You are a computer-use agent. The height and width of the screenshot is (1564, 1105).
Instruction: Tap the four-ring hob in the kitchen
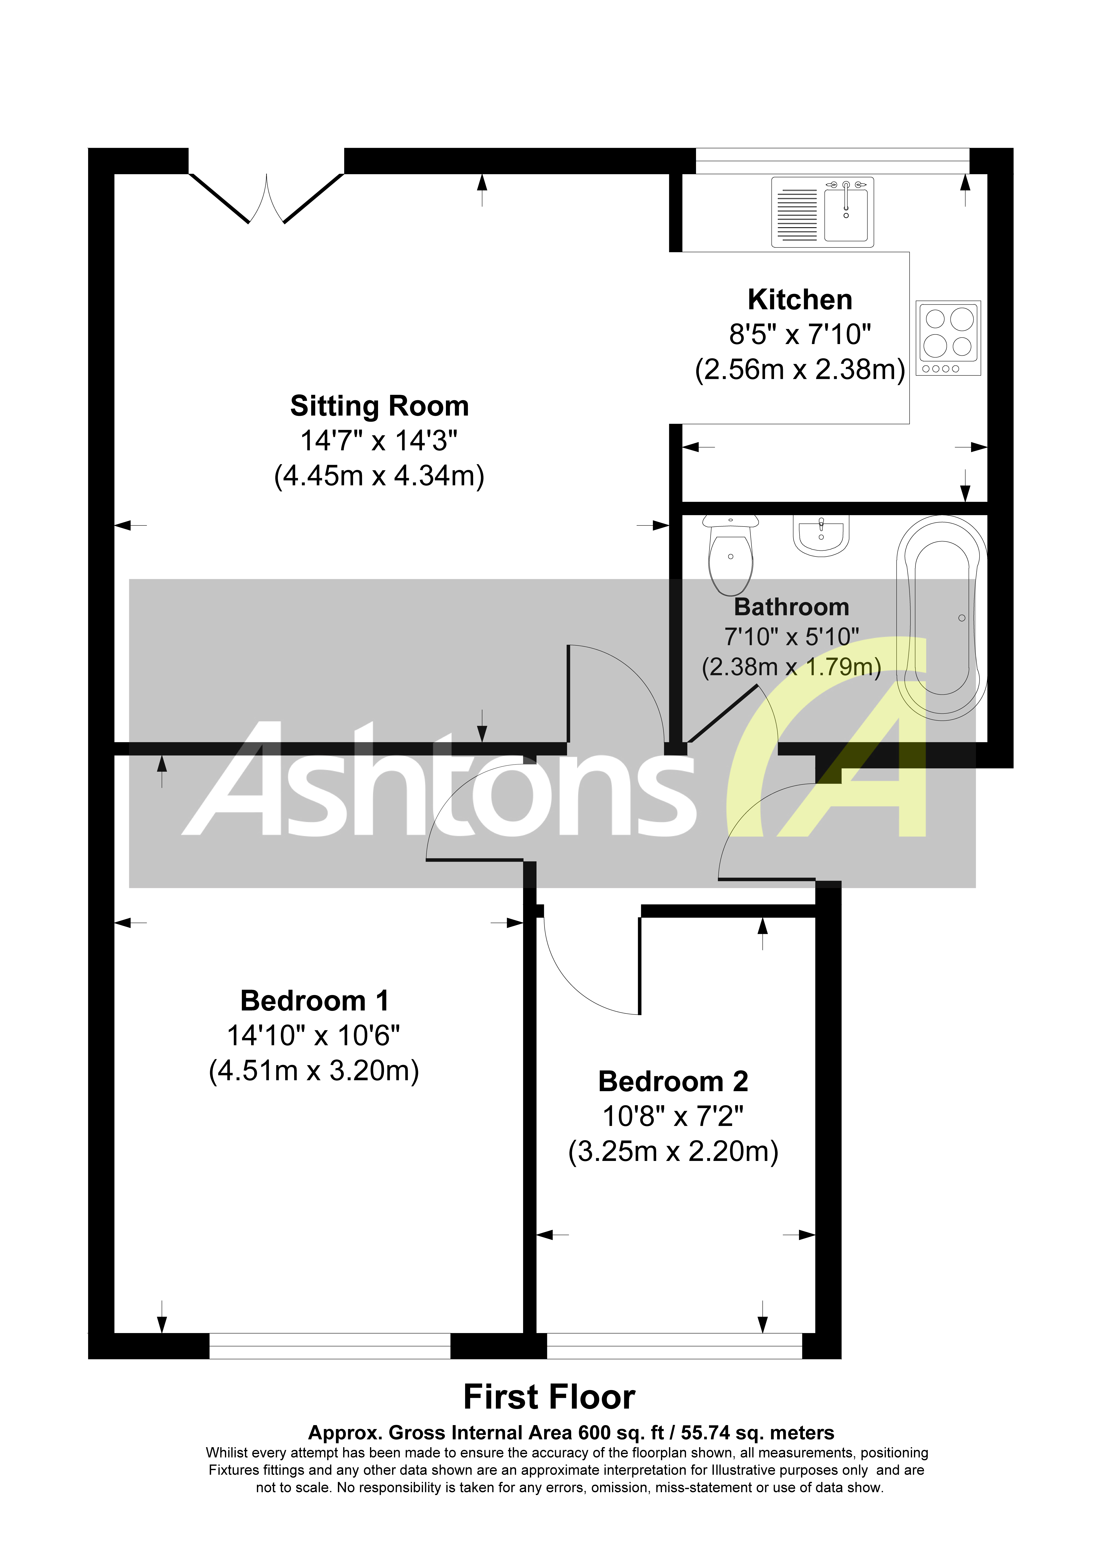[x=948, y=338]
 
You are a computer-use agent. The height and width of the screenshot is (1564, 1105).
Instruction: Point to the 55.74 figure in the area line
[x=709, y=1433]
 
